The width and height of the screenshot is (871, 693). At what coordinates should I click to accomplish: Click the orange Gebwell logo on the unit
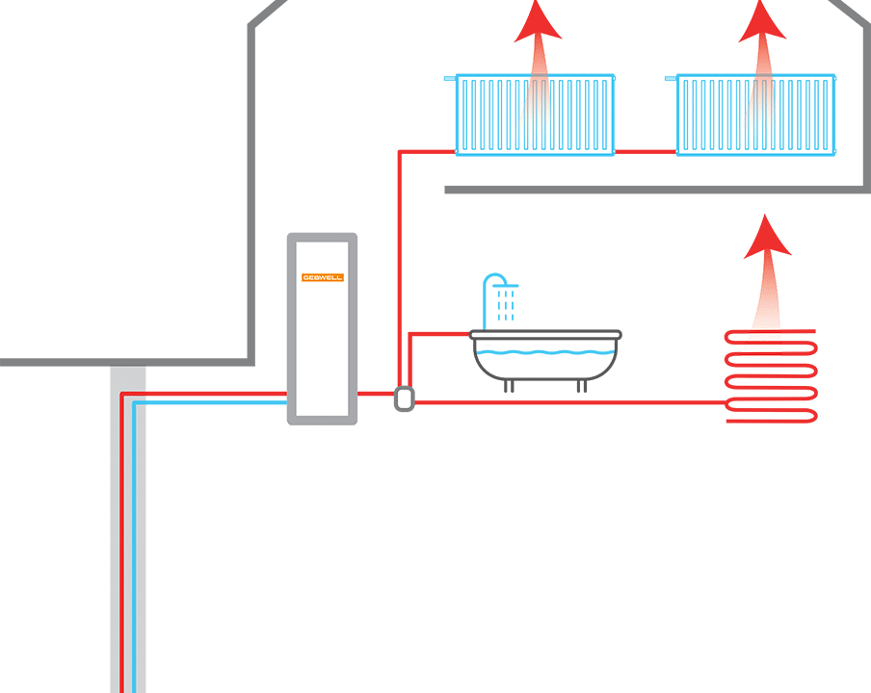pos(322,277)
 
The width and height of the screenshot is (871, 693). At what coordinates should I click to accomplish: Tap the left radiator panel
pos(535,115)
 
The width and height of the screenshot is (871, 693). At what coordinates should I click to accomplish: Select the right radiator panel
pos(755,115)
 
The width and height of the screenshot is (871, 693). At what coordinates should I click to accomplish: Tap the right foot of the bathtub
pos(582,387)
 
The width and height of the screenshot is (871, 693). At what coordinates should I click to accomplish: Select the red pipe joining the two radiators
pos(646,152)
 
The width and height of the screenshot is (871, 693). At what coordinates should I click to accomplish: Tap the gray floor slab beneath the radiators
pos(655,190)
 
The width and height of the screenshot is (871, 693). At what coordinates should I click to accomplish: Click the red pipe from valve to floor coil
pos(568,403)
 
